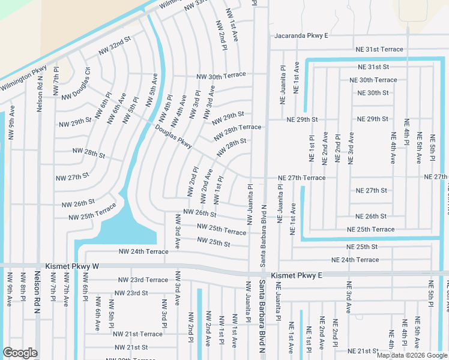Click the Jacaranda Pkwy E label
click(301, 36)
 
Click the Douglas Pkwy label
click(173, 140)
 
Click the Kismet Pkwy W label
click(71, 265)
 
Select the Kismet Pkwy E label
click(297, 275)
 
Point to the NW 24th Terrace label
click(143, 251)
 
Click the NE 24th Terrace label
click(355, 260)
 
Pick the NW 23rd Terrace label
click(143, 280)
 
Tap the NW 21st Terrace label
click(137, 334)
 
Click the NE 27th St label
click(372, 190)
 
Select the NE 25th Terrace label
click(371, 229)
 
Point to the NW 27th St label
click(72, 178)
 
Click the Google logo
click(20, 353)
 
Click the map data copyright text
click(411, 355)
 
